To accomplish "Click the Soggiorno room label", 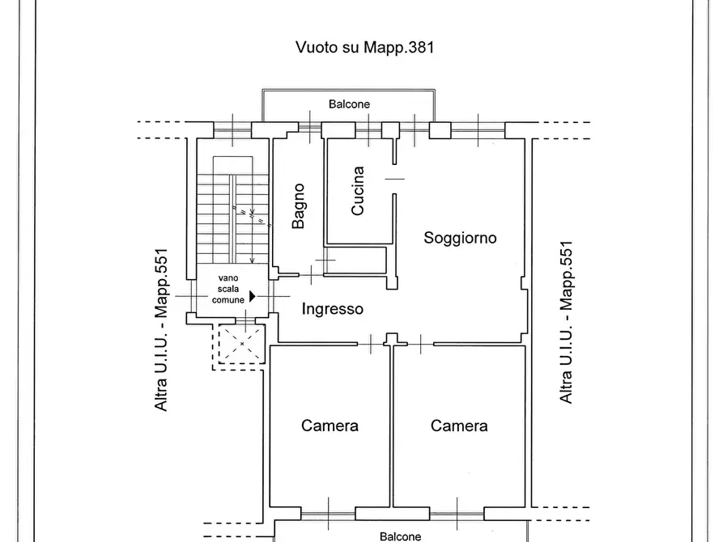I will [x=460, y=238].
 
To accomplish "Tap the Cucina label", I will [x=358, y=191].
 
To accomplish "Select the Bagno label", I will [x=298, y=205].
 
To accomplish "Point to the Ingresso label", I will [x=332, y=308].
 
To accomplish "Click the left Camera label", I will [x=330, y=426].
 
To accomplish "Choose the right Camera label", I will [x=459, y=426].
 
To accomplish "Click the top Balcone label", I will [x=349, y=104].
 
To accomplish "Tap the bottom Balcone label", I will [x=401, y=536].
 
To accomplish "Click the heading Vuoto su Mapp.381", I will [x=364, y=47].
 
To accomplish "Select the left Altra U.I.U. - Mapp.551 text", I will [x=162, y=329].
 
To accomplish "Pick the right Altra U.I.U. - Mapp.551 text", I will [x=566, y=322].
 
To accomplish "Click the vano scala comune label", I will [x=228, y=289].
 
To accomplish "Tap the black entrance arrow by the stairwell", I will [x=253, y=297].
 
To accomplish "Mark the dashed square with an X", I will [x=240, y=344].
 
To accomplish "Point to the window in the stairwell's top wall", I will [x=232, y=128].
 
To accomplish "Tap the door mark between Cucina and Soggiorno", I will [x=394, y=178].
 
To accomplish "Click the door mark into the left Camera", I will [x=371, y=344].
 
